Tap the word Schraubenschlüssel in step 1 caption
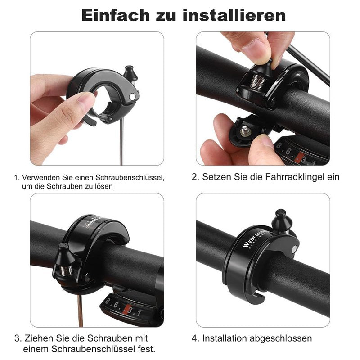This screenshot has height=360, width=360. (x=130, y=177)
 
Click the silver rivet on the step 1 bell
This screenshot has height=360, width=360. (x=132, y=97)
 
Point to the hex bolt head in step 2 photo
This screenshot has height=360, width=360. (x=245, y=130)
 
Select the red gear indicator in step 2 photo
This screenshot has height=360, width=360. (x=298, y=156)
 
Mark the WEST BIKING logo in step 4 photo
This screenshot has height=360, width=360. (x=254, y=238)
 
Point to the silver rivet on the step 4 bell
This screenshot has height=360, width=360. (x=294, y=248)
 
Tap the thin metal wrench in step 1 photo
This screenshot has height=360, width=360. (x=121, y=142)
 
